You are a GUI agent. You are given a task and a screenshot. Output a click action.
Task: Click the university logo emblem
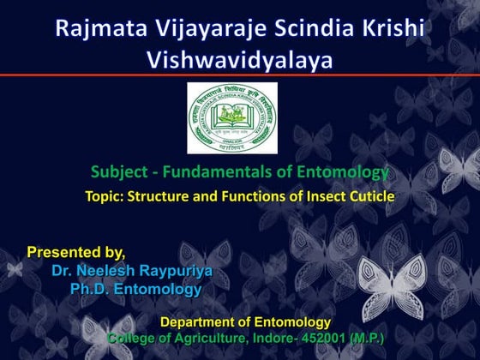tap(239, 119)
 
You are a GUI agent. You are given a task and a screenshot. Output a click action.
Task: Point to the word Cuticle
tap(370, 196)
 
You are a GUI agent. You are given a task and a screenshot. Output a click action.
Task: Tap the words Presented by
tap(76, 252)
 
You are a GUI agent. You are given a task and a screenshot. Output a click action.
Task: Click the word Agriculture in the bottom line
tap(204, 339)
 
